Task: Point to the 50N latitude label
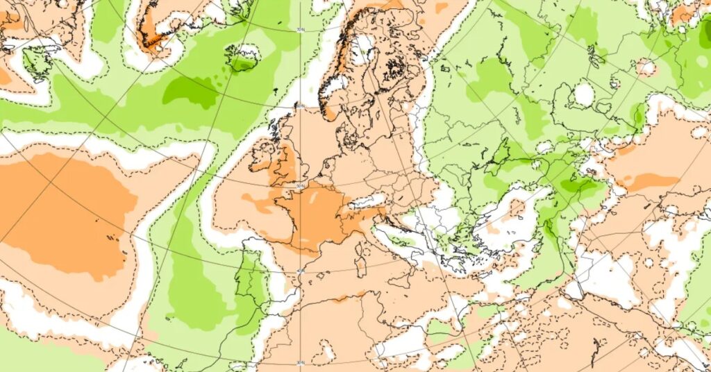[x=300, y=186]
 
